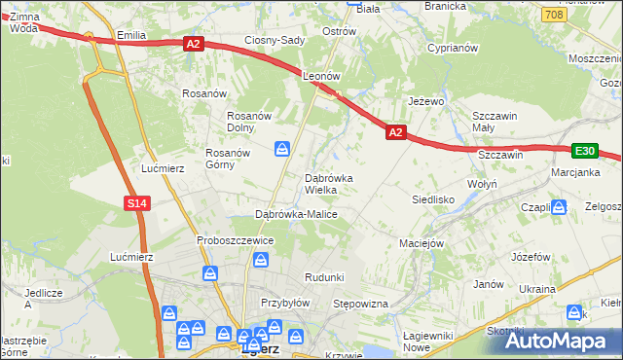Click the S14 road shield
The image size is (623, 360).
coord(136,202)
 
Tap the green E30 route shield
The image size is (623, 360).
coord(584,151)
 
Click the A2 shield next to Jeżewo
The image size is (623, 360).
coord(394,131)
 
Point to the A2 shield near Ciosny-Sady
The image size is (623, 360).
coord(193,43)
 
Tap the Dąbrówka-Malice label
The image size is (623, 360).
coord(296,213)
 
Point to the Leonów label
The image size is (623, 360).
coord(320,75)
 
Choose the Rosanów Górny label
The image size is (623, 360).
coord(228,159)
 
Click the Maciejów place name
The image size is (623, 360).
coord(421,242)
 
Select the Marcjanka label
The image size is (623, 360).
coord(575,174)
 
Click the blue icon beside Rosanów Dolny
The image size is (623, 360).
coord(281,149)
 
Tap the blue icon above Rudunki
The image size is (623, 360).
coord(260,259)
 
